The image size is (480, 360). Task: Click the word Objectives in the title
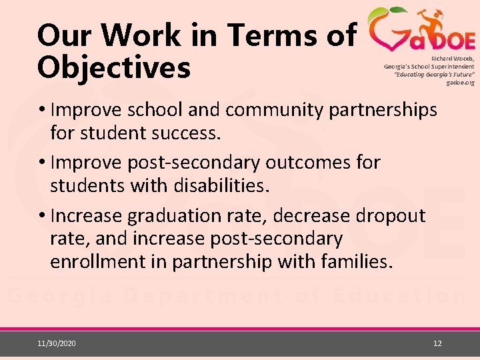click(x=114, y=68)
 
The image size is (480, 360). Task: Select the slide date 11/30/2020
click(x=57, y=343)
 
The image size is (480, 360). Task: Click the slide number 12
click(x=437, y=343)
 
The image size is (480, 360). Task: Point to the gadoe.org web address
click(x=461, y=83)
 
